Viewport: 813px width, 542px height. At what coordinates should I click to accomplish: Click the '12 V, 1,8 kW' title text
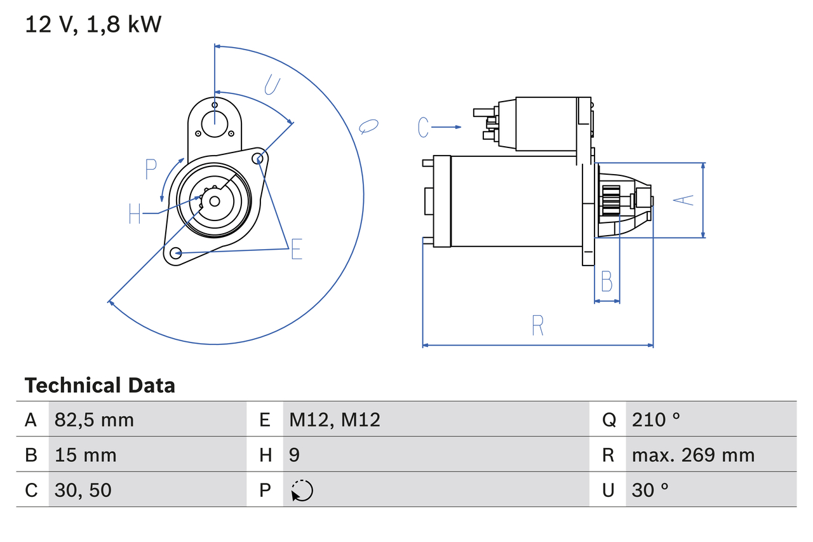pos(93,25)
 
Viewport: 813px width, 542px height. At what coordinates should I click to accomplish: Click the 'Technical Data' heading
pos(100,386)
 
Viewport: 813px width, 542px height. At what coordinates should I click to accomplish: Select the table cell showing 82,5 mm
pos(94,419)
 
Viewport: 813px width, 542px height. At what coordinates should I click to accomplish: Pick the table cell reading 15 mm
pos(85,455)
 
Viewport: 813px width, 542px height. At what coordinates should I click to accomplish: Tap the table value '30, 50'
pos(83,490)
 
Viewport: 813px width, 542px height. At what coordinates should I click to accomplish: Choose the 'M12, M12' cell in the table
pos(335,419)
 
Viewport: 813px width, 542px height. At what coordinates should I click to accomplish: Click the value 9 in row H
pos(295,455)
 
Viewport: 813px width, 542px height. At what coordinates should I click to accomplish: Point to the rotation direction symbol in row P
pos(302,491)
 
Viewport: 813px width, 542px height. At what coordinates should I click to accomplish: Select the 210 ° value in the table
pos(656,419)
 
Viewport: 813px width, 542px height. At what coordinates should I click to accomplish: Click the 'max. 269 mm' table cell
pos(693,455)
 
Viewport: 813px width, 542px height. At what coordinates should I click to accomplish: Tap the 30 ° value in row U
pos(651,490)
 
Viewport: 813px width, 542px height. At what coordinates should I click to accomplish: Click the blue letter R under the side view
pos(537,325)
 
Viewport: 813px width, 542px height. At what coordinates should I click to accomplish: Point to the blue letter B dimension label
pos(607,281)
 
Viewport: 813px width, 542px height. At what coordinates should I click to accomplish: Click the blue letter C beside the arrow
pos(424,127)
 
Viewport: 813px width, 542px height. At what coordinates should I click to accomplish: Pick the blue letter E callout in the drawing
pos(296,250)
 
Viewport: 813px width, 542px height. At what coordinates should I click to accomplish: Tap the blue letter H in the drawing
pos(135,213)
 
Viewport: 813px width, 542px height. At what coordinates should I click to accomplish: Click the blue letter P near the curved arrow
pos(151,170)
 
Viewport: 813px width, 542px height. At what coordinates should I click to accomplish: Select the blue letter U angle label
pos(271,85)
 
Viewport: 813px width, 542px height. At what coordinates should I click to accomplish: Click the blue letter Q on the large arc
pos(368,126)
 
